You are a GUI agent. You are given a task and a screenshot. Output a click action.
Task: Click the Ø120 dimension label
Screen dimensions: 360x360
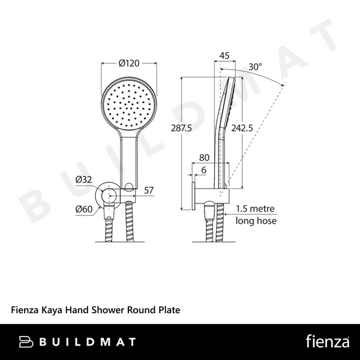tap(128, 63)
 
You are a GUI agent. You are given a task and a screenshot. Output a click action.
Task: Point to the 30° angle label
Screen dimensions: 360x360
tap(256, 68)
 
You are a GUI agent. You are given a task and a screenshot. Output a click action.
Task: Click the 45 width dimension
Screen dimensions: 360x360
tap(225, 56)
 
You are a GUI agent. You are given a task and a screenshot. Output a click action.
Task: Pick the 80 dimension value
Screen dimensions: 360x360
tap(205, 158)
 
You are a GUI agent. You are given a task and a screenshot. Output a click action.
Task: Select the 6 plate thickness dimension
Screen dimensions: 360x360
tap(205, 170)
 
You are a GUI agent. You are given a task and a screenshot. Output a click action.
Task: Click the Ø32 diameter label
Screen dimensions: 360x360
tap(83, 179)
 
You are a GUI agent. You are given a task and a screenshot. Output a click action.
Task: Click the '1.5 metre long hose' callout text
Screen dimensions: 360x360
tap(256, 215)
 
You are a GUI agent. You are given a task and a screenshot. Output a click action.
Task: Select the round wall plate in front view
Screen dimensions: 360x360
tap(110, 196)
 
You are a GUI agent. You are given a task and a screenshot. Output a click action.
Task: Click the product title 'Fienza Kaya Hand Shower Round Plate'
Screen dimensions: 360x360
tap(96, 311)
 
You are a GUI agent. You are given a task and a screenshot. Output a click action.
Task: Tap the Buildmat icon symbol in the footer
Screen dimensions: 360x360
tap(25, 342)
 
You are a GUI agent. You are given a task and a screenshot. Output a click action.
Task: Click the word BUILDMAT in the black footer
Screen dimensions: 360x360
tap(88, 342)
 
